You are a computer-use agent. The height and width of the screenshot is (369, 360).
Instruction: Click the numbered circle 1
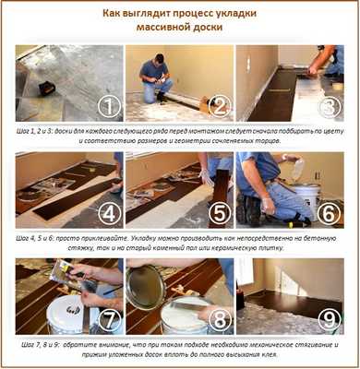pyautogui.click(x=109, y=106)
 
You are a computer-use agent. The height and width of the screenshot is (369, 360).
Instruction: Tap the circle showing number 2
pyautogui.click(x=219, y=106)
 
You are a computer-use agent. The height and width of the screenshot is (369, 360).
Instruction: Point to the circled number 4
pyautogui.click(x=109, y=214)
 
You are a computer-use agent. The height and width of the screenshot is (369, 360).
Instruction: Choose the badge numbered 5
pyautogui.click(x=219, y=214)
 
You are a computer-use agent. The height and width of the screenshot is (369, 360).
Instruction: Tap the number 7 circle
pyautogui.click(x=109, y=322)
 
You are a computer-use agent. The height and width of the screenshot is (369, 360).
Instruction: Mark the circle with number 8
pyautogui.click(x=219, y=322)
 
